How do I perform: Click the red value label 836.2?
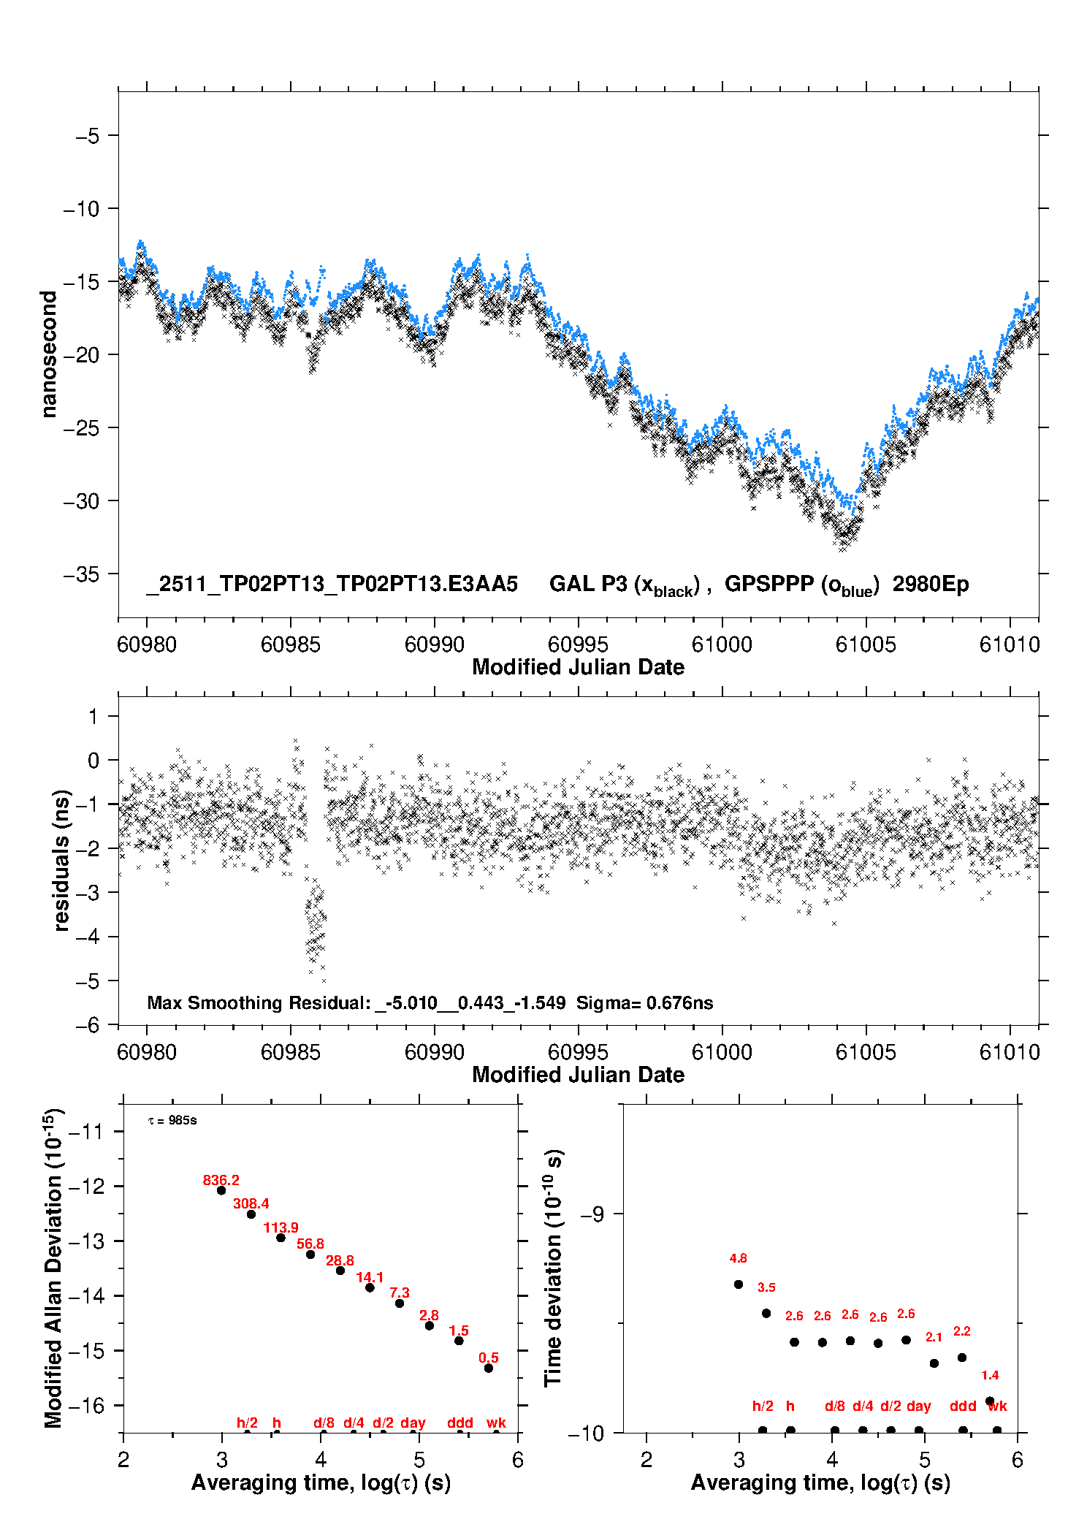coord(221,1180)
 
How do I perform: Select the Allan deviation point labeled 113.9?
coord(281,1238)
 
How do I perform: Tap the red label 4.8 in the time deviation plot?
coord(738,1258)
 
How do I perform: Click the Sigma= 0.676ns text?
coord(644,1002)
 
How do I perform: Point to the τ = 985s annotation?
coord(172,1121)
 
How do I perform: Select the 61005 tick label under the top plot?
coord(866,644)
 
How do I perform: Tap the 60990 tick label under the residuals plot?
coord(434,1052)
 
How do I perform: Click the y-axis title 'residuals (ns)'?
coord(62,860)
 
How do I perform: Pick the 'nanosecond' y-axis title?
coord(48,354)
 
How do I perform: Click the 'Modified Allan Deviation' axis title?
coord(53,1268)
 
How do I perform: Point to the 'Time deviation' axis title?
coord(553,1268)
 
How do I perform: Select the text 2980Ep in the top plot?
coord(930,585)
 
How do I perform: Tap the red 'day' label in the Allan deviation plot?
coord(413,1423)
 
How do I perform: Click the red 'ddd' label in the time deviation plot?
coord(963,1406)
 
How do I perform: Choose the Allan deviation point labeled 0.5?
coord(489,1368)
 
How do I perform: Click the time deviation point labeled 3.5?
coord(766,1313)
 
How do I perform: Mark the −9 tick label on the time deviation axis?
coord(592,1214)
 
